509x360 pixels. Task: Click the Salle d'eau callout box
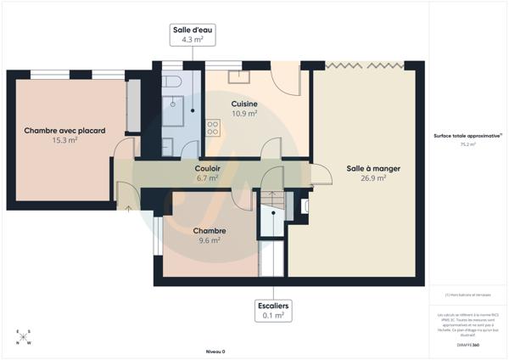tap(193, 35)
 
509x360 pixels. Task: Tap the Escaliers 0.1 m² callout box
tap(272, 310)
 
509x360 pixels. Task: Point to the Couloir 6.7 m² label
tap(208, 173)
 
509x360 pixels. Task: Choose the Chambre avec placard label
tap(64, 134)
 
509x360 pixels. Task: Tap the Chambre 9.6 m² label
tap(208, 235)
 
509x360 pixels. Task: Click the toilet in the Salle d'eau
tap(173, 82)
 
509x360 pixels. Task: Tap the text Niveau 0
tap(215, 351)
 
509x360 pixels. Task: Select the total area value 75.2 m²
tap(467, 144)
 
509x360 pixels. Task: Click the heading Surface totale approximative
tap(467, 135)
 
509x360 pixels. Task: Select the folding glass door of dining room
tap(364, 65)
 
